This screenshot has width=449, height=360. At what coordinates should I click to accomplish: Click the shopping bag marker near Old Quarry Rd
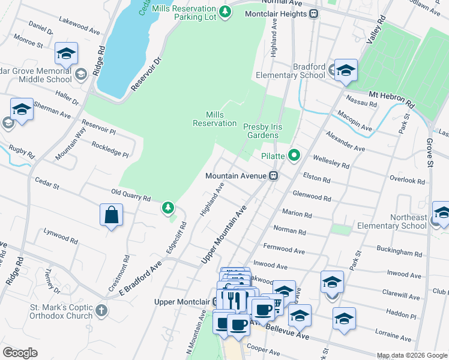pyautogui.click(x=112, y=215)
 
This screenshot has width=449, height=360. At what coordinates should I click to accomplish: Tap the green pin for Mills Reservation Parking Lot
pyautogui.click(x=224, y=12)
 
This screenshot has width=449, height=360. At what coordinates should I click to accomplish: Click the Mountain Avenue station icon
pyautogui.click(x=273, y=176)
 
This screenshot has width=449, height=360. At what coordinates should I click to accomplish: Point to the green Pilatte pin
pyautogui.click(x=294, y=155)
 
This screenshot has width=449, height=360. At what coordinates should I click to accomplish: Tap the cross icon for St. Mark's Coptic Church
pyautogui.click(x=101, y=311)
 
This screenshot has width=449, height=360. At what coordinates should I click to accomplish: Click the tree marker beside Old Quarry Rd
pyautogui.click(x=169, y=208)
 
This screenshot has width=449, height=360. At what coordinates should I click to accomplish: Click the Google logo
pyautogui.click(x=20, y=353)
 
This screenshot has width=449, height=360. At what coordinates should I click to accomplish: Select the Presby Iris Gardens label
pyautogui.click(x=261, y=131)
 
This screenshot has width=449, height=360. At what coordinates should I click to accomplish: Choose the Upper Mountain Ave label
pyautogui.click(x=224, y=235)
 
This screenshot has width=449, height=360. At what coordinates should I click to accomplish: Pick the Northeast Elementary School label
pyautogui.click(x=391, y=221)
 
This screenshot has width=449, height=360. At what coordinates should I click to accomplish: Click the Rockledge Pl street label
pyautogui.click(x=110, y=149)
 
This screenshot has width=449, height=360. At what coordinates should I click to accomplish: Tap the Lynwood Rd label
pyautogui.click(x=60, y=235)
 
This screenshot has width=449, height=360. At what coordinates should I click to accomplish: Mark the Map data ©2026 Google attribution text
pyautogui.click(x=412, y=355)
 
